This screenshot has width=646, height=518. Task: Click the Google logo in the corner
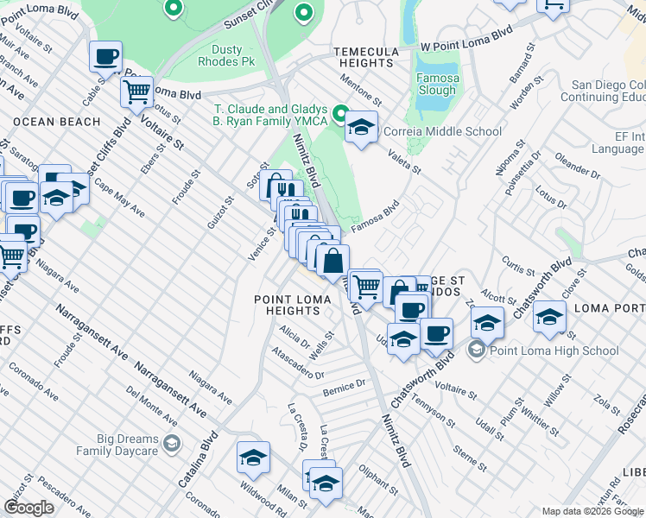[x=29, y=508]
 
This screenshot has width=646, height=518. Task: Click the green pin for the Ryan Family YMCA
[x=340, y=114]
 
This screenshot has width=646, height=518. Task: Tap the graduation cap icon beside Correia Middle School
[x=361, y=128]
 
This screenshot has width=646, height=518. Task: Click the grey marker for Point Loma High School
[x=476, y=351]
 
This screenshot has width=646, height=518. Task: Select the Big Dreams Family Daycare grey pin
[x=171, y=444]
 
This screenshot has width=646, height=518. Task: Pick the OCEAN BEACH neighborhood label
[x=57, y=122]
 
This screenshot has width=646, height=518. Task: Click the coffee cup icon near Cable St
[x=106, y=57]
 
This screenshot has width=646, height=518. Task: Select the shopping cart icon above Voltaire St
[x=136, y=91]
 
